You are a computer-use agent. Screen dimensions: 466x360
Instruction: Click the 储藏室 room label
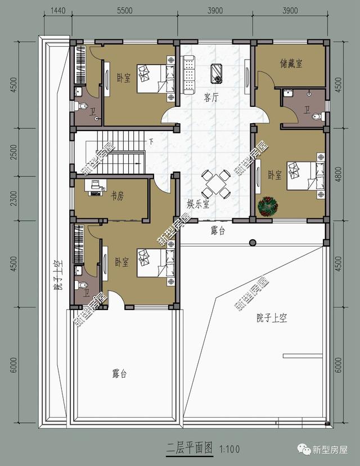[291, 64]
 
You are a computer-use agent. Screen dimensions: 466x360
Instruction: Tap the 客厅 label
[211, 97]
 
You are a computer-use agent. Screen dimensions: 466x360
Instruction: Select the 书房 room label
[117, 195]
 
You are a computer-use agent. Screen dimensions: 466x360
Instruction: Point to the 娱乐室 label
[198, 204]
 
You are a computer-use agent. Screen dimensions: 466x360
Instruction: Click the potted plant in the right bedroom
[265, 205]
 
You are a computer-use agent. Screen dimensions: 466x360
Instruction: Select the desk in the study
[94, 187]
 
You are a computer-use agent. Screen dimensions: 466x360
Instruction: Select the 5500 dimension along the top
[124, 11]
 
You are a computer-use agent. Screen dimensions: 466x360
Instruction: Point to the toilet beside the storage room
[317, 116]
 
